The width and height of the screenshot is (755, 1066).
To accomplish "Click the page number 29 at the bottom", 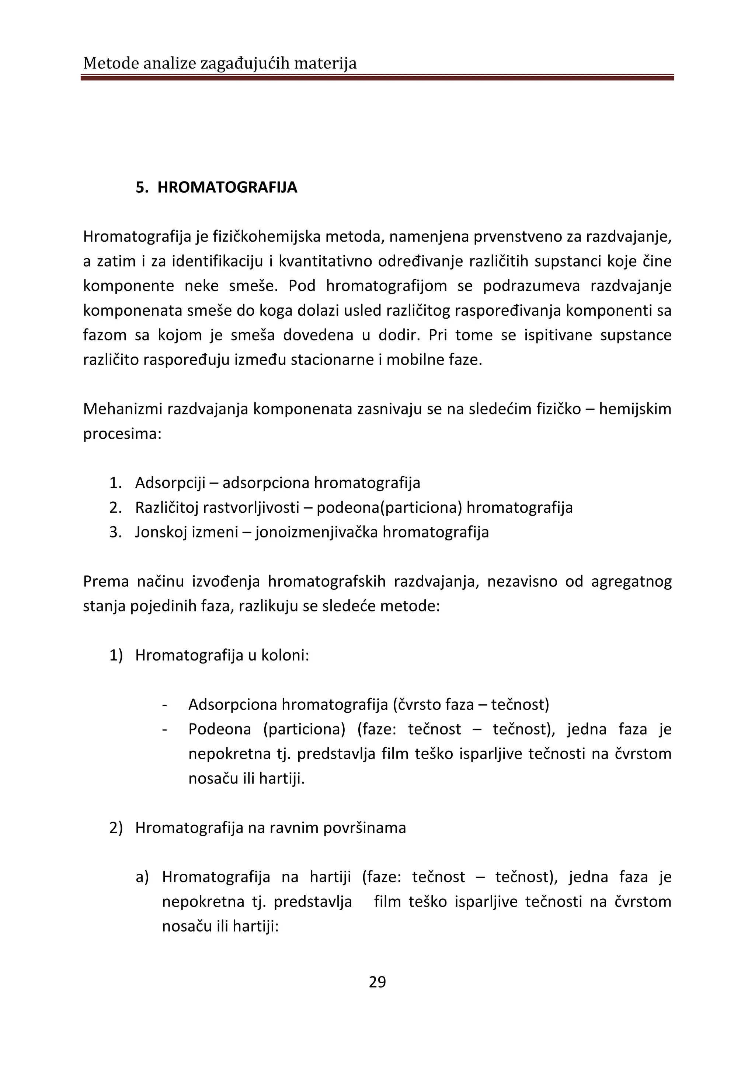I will click(x=377, y=982).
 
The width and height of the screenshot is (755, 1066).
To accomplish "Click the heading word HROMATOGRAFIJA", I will click(x=227, y=187).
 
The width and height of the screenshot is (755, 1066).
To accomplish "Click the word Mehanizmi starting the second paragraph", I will click(x=123, y=409).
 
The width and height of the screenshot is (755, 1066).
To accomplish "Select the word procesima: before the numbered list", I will click(x=122, y=434).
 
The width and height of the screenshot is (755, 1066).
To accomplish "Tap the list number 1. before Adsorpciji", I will click(x=115, y=483).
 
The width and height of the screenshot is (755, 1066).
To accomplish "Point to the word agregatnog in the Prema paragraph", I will click(x=632, y=582).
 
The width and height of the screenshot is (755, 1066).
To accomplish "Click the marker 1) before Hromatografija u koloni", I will click(x=116, y=655).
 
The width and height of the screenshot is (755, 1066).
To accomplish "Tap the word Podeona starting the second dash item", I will click(x=219, y=729).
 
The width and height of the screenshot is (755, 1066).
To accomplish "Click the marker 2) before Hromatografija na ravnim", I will click(x=116, y=828).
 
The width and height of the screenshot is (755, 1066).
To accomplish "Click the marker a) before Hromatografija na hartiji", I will click(x=142, y=877).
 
